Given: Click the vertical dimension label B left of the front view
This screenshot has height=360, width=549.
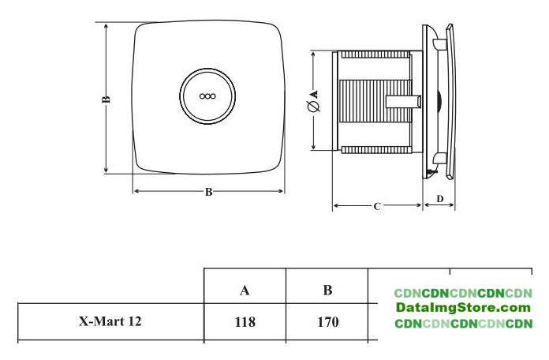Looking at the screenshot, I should [106, 99].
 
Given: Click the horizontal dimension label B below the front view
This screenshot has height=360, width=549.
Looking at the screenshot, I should [208, 192].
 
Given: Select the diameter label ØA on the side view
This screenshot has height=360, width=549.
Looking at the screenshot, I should [314, 99].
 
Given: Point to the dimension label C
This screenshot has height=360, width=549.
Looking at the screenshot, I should [377, 207].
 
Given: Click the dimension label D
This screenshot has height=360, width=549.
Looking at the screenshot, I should [439, 198].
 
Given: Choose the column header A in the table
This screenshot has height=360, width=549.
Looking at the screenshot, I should [245, 290].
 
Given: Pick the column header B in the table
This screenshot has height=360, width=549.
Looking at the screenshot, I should [327, 290].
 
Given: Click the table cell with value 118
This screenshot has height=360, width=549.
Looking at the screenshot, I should [245, 322].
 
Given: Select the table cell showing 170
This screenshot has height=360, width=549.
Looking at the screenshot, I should [327, 322].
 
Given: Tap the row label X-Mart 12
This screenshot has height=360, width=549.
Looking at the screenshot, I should [110, 322].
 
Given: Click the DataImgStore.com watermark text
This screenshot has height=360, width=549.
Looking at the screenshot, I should [463, 308].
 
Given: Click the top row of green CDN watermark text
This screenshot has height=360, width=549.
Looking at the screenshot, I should [463, 293].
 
